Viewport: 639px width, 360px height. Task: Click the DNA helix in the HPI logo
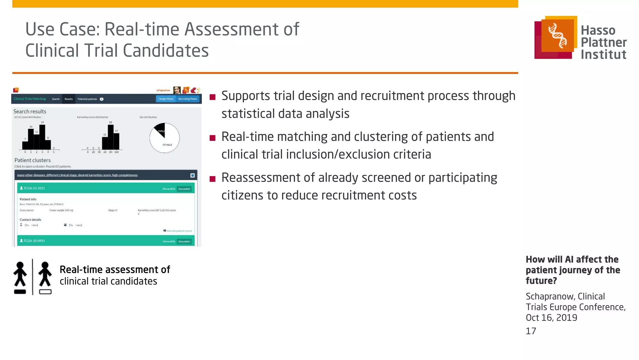pos(558,36)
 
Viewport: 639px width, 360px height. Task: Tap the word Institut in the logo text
pos(603,54)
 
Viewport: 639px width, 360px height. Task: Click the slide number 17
pos(531,331)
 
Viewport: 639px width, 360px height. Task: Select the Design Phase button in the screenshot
pos(166,99)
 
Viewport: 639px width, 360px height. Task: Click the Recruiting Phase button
pos(188,99)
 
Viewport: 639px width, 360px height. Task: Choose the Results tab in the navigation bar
pos(69,99)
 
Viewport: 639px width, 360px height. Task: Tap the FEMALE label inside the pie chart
pos(167,145)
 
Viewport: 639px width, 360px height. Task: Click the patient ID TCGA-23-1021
pos(34,188)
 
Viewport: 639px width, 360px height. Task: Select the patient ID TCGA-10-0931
pos(34,241)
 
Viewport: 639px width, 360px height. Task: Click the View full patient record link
pos(179,231)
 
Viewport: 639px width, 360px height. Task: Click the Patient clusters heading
pos(32,160)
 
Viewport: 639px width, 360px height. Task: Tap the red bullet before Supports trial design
pos(212,97)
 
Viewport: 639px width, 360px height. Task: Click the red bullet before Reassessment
pos(212,179)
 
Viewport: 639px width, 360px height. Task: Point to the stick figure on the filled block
pos(20,275)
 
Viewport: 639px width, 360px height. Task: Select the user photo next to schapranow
pos(177,90)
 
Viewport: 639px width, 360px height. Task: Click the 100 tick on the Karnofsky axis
pos(116,152)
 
